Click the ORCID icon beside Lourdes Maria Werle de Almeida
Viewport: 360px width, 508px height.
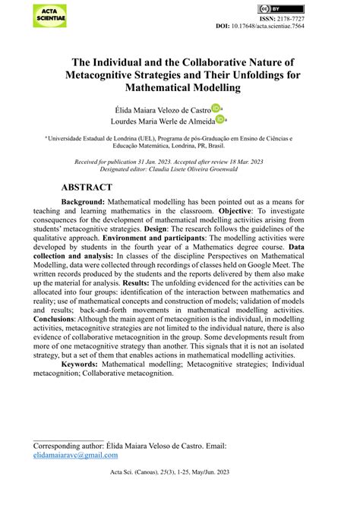(x=220, y=119)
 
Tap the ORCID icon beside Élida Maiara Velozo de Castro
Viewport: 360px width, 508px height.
(x=216, y=108)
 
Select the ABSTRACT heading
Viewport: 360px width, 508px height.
(x=87, y=187)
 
